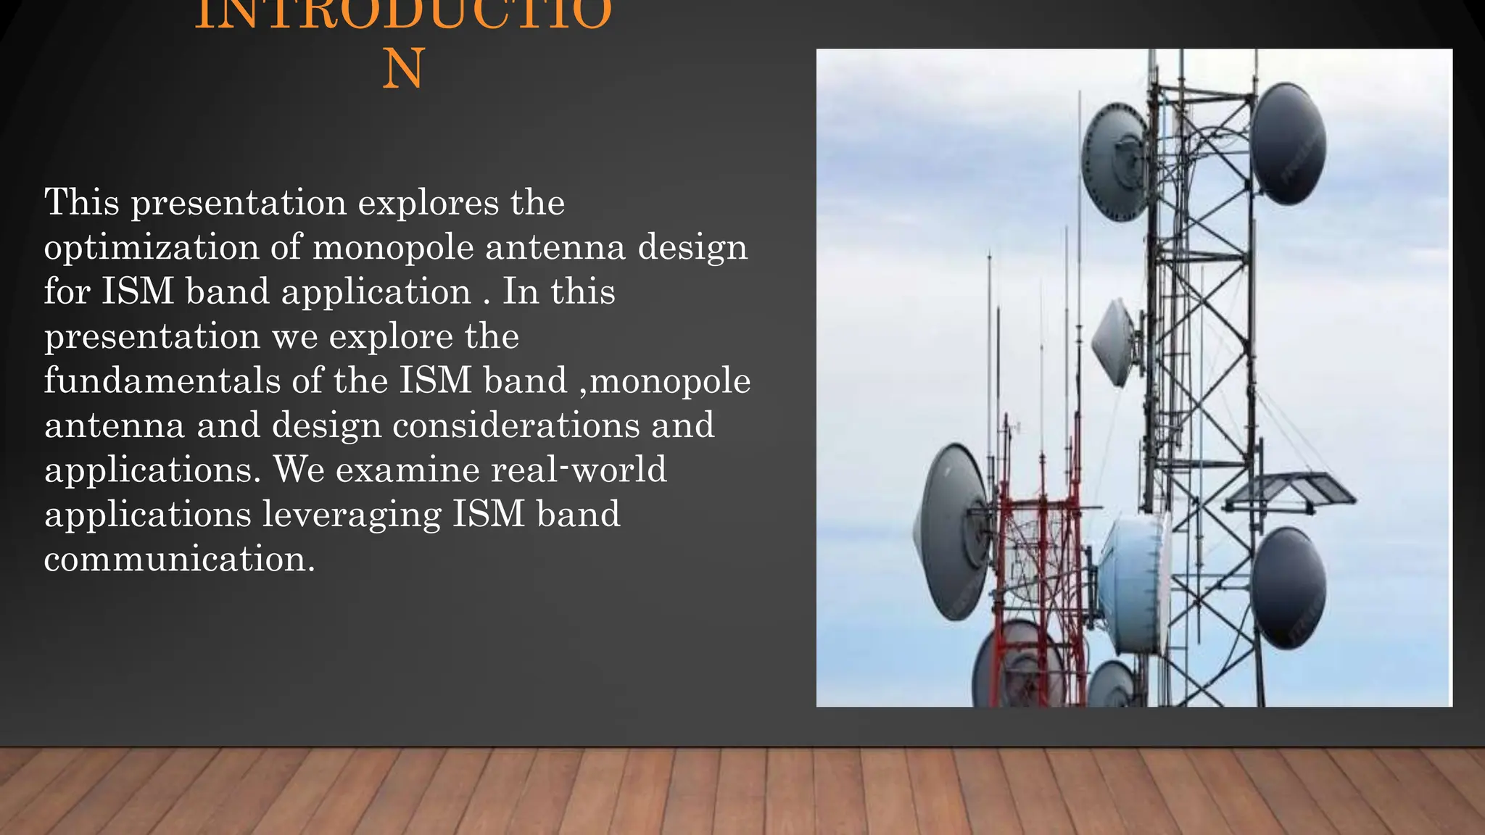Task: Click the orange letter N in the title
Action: click(x=403, y=70)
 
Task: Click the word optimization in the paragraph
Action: click(x=151, y=248)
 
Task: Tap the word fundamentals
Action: click(x=161, y=381)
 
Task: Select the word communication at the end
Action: click(x=179, y=559)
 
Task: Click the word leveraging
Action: click(x=351, y=515)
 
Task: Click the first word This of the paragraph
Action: click(x=81, y=202)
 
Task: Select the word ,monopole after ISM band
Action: click(x=664, y=381)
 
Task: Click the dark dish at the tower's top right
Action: click(x=1289, y=144)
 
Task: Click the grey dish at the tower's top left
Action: click(x=1115, y=161)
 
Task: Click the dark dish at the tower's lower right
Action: click(x=1288, y=587)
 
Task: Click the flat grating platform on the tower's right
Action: click(x=1291, y=491)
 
